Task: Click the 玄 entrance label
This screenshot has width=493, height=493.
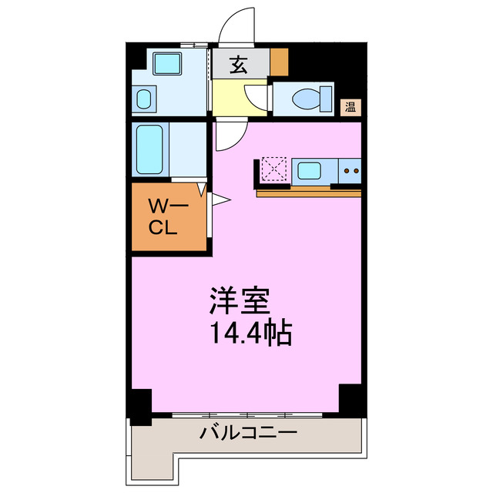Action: tap(239, 65)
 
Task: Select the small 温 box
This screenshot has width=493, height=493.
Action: tap(350, 107)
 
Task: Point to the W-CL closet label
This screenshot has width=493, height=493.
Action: tap(163, 217)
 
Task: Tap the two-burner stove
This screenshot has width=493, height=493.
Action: tap(352, 170)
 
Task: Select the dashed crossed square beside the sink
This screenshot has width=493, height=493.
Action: tap(273, 169)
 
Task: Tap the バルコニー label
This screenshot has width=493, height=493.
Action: tap(248, 433)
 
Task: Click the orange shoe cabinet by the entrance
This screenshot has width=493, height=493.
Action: tap(278, 60)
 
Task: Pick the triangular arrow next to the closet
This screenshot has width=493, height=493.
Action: tap(219, 201)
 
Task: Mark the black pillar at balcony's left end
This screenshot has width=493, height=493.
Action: tap(140, 407)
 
